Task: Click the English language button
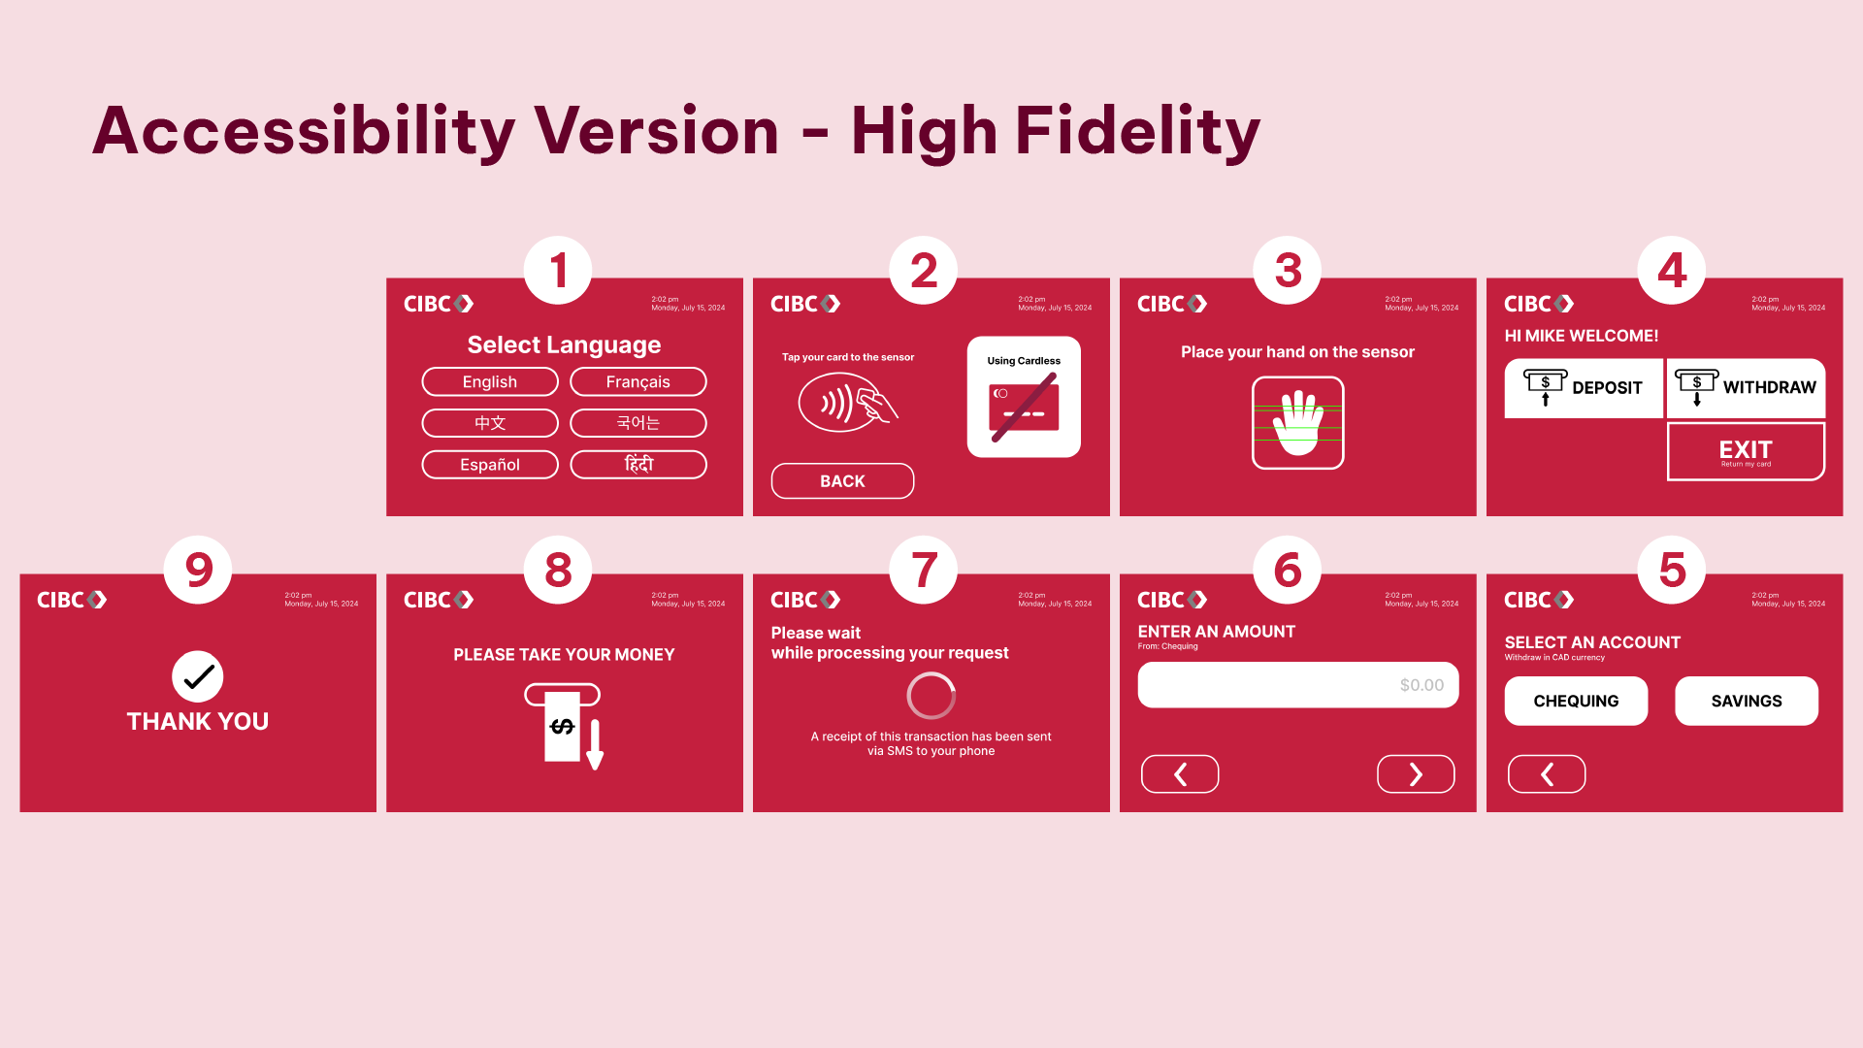pos(490,382)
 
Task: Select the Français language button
pos(637,382)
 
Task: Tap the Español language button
pos(490,465)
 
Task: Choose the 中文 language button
pos(490,423)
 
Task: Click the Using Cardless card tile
pos(1024,397)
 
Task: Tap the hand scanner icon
pos(1297,423)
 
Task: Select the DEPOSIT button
pos(1583,388)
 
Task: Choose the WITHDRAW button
pos(1746,388)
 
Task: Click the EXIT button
pos(1746,451)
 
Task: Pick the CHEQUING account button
pos(1576,701)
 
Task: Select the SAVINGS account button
pos(1746,701)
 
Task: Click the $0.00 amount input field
pos(1297,685)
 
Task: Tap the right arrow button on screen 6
pos(1416,774)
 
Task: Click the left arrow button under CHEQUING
pos(1547,774)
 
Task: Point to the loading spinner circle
pos(931,696)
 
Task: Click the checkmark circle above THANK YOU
pos(198,676)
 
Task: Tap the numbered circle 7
pos(924,570)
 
